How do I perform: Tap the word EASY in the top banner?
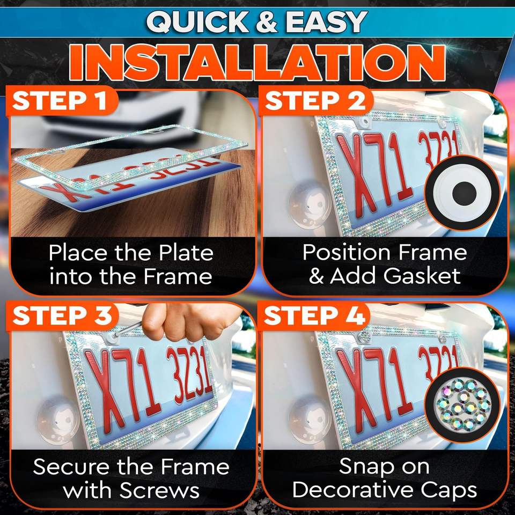(327, 22)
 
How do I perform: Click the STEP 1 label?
(60, 100)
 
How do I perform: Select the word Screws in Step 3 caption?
(159, 490)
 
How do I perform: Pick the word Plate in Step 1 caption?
(186, 253)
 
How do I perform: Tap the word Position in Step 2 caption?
(347, 253)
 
